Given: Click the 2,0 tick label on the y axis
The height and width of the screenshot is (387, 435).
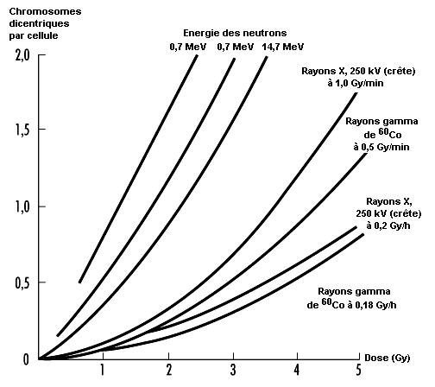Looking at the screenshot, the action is click(22, 55).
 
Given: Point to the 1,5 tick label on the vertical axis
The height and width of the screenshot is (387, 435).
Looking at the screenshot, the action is click(22, 130).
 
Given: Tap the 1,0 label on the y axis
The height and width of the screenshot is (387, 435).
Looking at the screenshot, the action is click(22, 207).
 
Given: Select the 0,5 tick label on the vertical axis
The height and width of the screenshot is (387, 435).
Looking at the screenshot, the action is click(22, 283).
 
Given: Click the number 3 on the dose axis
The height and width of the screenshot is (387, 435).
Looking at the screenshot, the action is click(233, 370).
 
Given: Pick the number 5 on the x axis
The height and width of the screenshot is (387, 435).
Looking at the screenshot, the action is click(358, 370).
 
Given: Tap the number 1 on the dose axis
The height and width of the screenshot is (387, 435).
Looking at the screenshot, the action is click(102, 370).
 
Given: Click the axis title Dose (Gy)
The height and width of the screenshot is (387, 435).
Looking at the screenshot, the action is click(388, 358).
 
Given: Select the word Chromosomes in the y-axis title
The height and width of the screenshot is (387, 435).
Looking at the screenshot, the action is click(45, 11).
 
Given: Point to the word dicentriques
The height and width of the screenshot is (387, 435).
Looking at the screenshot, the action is click(39, 23).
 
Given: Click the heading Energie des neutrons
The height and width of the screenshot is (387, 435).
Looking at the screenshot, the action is click(235, 33).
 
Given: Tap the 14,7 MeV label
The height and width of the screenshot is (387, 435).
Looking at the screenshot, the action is click(282, 47).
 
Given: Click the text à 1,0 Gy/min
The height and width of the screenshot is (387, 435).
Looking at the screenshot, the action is click(356, 83).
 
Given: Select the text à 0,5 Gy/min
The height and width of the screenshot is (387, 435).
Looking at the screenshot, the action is click(381, 147).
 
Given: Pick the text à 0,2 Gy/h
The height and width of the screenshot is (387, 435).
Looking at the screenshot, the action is click(388, 225).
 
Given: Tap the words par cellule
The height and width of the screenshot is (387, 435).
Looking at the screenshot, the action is click(34, 36).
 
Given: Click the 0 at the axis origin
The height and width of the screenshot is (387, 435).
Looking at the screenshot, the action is click(26, 359).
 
